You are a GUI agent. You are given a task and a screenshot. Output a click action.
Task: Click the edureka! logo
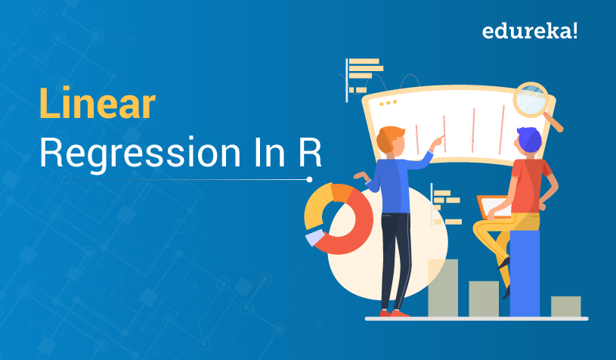[530, 32]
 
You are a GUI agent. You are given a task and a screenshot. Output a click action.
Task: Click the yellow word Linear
[98, 104]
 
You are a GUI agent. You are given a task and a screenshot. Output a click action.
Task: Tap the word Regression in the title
[141, 154]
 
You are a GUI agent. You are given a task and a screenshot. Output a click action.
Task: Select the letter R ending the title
[310, 151]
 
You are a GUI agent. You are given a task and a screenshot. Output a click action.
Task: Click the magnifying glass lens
[531, 99]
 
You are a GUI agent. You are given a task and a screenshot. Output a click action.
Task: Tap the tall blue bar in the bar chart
[525, 273]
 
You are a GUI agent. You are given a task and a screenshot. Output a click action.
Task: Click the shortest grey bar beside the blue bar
[565, 306]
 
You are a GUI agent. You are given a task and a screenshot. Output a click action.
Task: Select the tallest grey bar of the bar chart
[443, 287]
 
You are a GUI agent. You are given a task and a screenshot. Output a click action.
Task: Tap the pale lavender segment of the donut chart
[314, 237]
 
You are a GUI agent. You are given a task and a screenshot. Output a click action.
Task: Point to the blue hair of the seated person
[529, 139]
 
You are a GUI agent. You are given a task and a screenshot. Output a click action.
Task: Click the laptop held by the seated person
[493, 206]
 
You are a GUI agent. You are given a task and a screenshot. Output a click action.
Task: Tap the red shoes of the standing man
[395, 313]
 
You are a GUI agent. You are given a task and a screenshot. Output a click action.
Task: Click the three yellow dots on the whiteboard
[388, 103]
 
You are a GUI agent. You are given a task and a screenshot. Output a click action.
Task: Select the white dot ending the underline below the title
[310, 179]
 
